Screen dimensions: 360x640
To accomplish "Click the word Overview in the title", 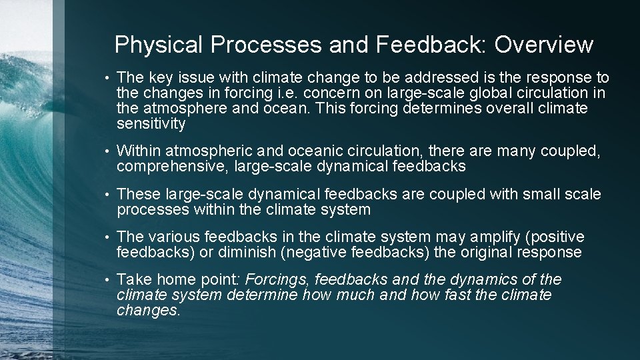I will pyautogui.click(x=543, y=45).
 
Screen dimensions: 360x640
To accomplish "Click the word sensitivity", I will pyautogui.click(x=151, y=124).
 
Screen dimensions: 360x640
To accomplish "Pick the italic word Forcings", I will pyautogui.click(x=278, y=280).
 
